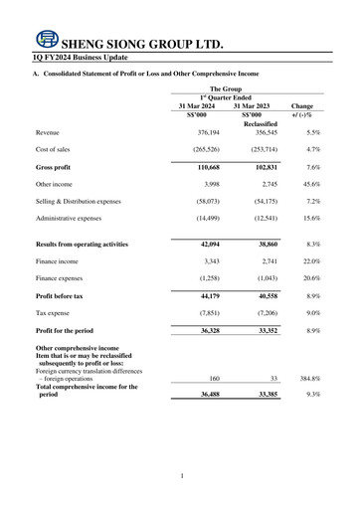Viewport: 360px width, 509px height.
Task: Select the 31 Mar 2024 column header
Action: pos(197,106)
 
